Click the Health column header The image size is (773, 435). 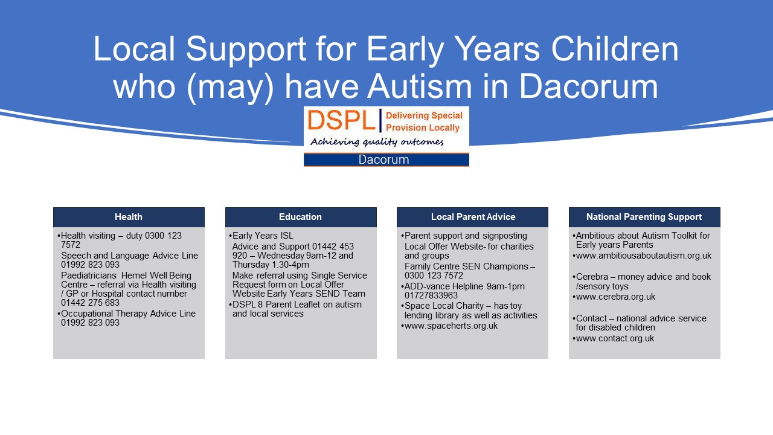pyautogui.click(x=129, y=217)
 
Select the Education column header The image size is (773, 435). pyautogui.click(x=301, y=217)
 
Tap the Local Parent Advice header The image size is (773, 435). pyautogui.click(x=472, y=217)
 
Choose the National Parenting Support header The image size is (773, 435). pyautogui.click(x=644, y=217)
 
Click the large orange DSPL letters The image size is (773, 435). pyautogui.click(x=342, y=120)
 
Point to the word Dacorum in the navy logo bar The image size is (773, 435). pyautogui.click(x=383, y=159)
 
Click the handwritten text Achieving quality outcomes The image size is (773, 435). pyautogui.click(x=377, y=141)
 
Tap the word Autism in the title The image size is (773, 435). pyautogui.click(x=419, y=86)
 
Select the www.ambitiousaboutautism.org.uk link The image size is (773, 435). pyautogui.click(x=644, y=256)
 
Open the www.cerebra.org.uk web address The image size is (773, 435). pyautogui.click(x=615, y=297)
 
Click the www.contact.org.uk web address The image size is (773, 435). pyautogui.click(x=615, y=338)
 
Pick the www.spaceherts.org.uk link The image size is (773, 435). pyautogui.click(x=451, y=326)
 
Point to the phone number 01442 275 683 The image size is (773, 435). pyautogui.click(x=90, y=303)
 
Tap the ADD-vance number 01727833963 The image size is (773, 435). pyautogui.click(x=431, y=295)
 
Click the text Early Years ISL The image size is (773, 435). pyautogui.click(x=263, y=236)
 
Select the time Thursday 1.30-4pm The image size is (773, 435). pyautogui.click(x=271, y=265)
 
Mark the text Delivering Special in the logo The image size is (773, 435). pyautogui.click(x=424, y=115)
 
